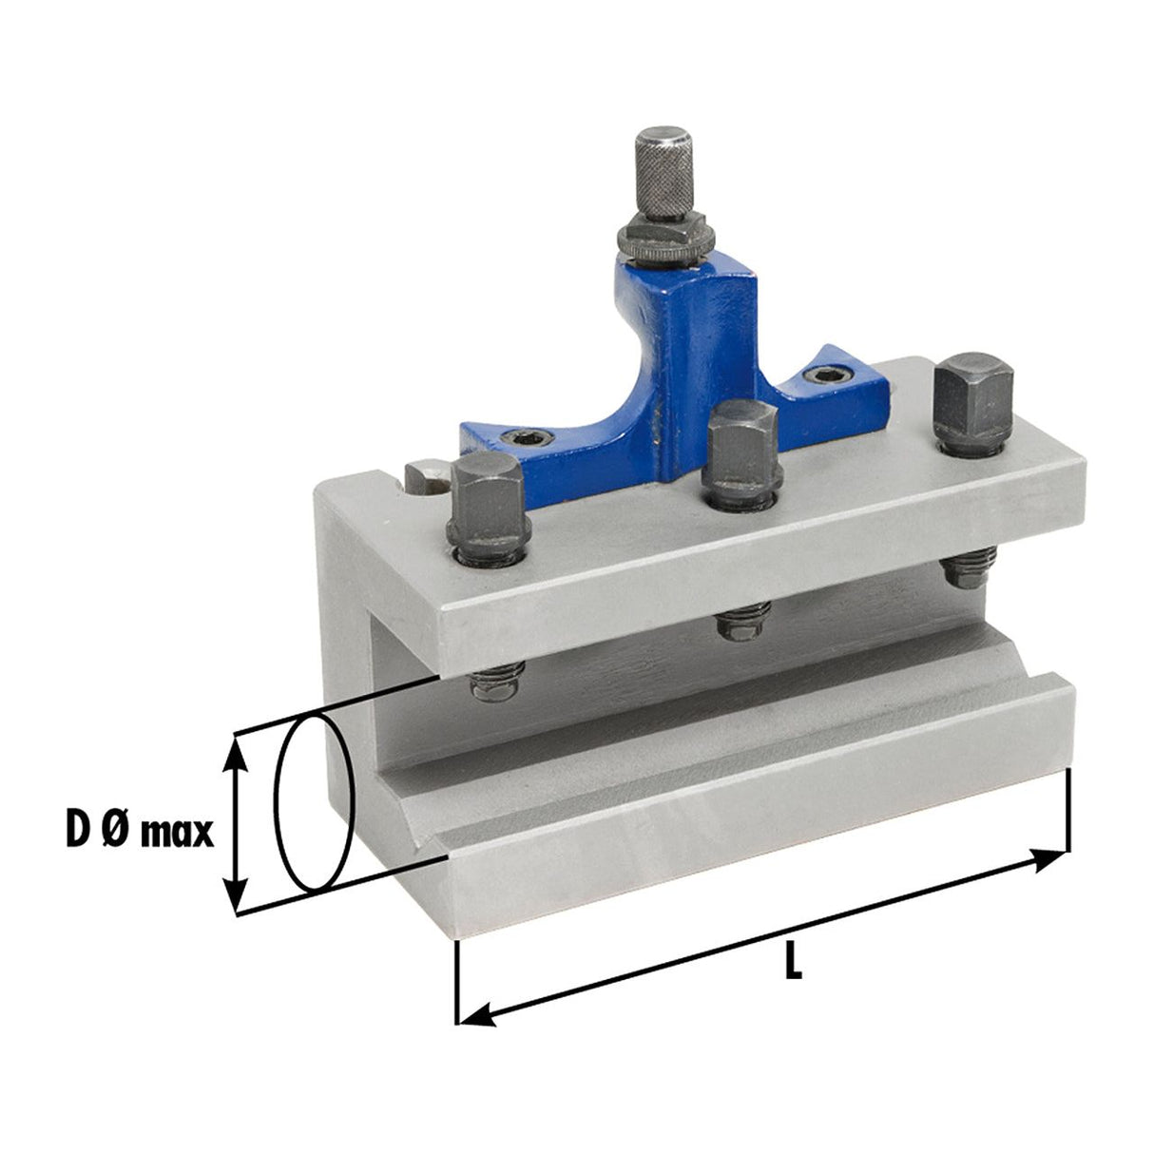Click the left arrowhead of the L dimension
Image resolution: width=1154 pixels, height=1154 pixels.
coord(475,1016)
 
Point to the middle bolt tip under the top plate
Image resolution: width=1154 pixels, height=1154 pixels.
coord(742,624)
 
